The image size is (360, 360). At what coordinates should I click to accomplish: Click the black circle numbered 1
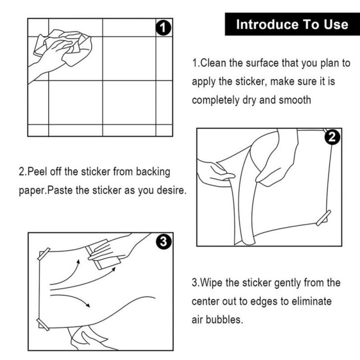[163, 28]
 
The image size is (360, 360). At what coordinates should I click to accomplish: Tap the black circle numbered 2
[332, 137]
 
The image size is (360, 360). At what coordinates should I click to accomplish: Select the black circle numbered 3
[163, 242]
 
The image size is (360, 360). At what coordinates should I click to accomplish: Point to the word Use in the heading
[336, 24]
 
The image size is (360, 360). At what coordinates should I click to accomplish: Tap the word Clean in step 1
[213, 63]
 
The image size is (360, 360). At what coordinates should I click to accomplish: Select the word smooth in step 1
[295, 100]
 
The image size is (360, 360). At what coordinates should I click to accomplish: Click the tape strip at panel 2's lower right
[323, 217]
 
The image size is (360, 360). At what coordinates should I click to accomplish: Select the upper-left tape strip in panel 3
[44, 254]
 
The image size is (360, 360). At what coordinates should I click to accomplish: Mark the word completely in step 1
[216, 100]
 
